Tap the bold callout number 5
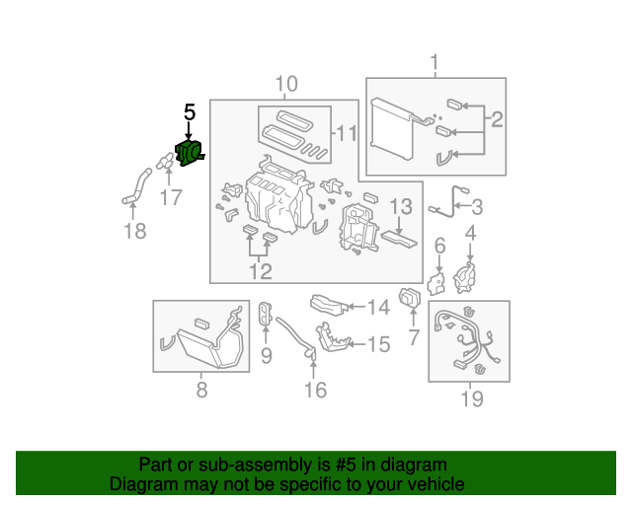[190, 112]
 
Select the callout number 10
[285, 84]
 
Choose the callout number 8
[201, 390]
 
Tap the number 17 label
[171, 198]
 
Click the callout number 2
[497, 120]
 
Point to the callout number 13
[400, 207]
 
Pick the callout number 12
[260, 271]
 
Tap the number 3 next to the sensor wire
[476, 207]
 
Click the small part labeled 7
[408, 297]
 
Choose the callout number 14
[378, 308]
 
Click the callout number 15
[378, 344]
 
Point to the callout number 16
[313, 391]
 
